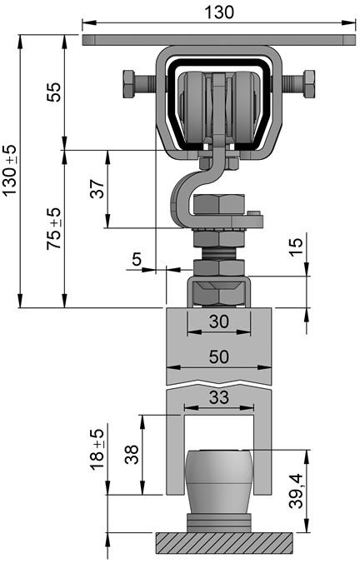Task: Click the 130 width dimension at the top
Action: [x=220, y=12]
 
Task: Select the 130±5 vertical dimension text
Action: [x=9, y=171]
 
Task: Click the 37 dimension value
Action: [x=97, y=189]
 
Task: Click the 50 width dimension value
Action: [x=218, y=356]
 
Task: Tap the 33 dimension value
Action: [x=218, y=398]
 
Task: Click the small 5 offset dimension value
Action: [x=137, y=259]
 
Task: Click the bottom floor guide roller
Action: [x=218, y=483]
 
